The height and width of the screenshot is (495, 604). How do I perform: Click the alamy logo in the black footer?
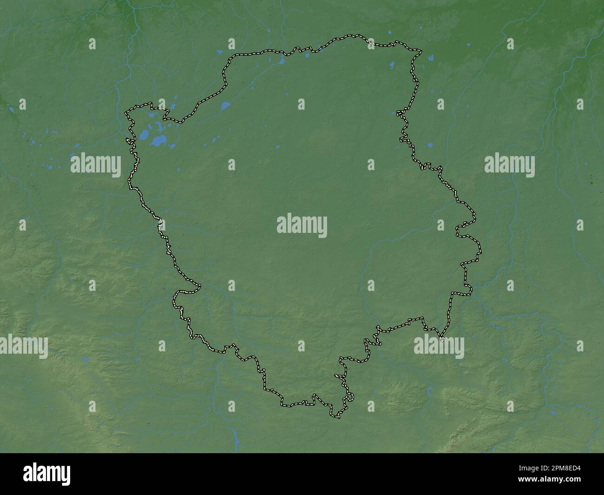[46, 474]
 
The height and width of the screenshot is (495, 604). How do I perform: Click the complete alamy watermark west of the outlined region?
[96, 165]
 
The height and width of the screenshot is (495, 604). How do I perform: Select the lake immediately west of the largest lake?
[144, 136]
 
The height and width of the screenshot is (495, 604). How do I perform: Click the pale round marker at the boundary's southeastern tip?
[442, 340]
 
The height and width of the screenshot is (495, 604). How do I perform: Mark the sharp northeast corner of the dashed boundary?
[421, 50]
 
